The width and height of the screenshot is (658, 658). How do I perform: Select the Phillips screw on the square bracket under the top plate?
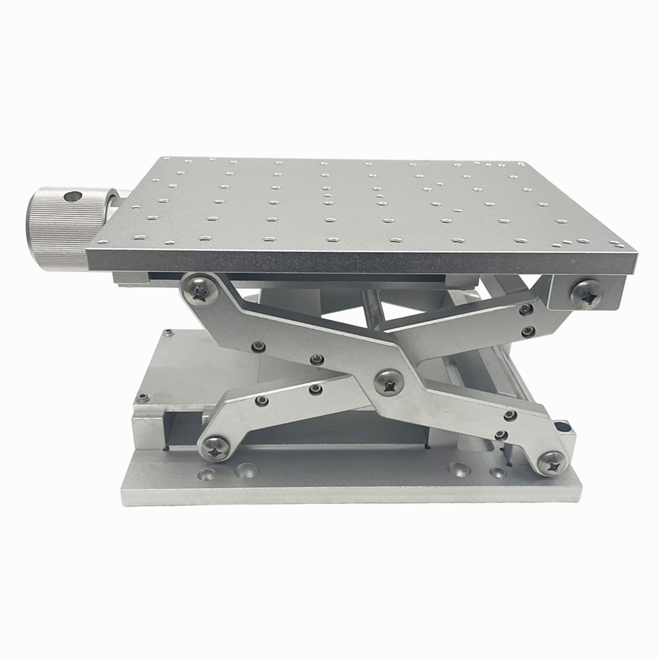(587, 294)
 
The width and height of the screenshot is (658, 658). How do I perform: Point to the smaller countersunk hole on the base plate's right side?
(498, 473)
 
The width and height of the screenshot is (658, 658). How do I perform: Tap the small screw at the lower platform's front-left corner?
(143, 396)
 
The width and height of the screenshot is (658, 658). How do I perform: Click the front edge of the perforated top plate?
(362, 262)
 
